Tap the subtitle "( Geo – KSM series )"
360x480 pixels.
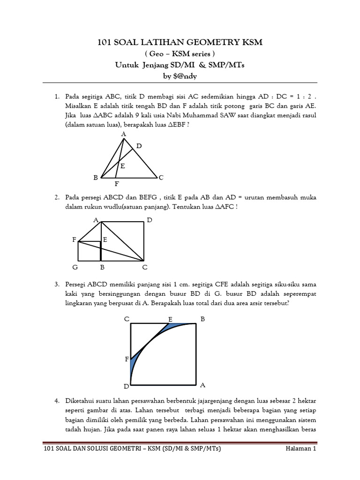(180, 54)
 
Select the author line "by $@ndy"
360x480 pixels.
(180, 76)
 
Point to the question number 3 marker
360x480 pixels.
(56, 284)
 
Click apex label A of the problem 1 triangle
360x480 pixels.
(124, 135)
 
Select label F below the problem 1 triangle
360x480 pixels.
(117, 184)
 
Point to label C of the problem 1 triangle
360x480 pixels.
(161, 178)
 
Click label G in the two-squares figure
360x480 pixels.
(75, 267)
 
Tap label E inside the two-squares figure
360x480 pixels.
(105, 240)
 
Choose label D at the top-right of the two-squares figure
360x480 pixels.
(150, 220)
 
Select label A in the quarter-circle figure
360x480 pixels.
(203, 385)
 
